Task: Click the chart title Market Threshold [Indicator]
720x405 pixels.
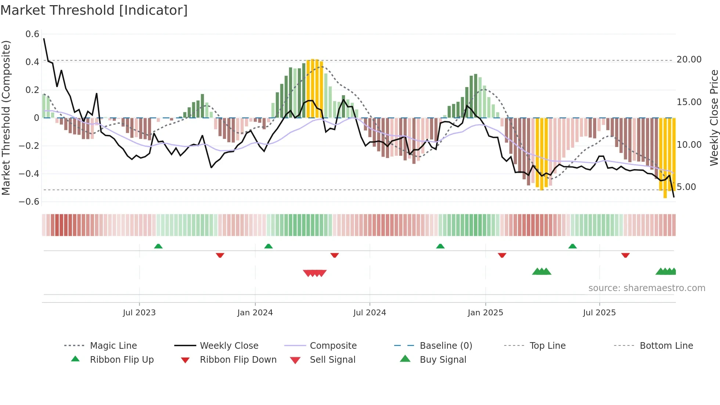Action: coord(94,10)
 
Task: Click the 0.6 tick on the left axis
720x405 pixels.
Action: coord(32,34)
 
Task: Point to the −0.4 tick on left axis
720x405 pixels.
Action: coord(29,173)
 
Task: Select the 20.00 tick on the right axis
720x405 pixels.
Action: coord(689,60)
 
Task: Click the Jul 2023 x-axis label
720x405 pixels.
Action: coord(139,313)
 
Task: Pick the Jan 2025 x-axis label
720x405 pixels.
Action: coord(485,313)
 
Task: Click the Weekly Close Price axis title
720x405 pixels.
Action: coord(714,118)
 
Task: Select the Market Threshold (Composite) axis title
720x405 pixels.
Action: coord(6,118)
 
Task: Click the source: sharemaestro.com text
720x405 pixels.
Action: coord(647,288)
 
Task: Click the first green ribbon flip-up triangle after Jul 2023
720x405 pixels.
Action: coord(158,246)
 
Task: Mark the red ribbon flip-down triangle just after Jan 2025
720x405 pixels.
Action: coord(502,255)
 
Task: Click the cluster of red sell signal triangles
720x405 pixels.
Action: coord(315,273)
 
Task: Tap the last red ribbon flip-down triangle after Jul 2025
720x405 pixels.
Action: coord(626,255)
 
